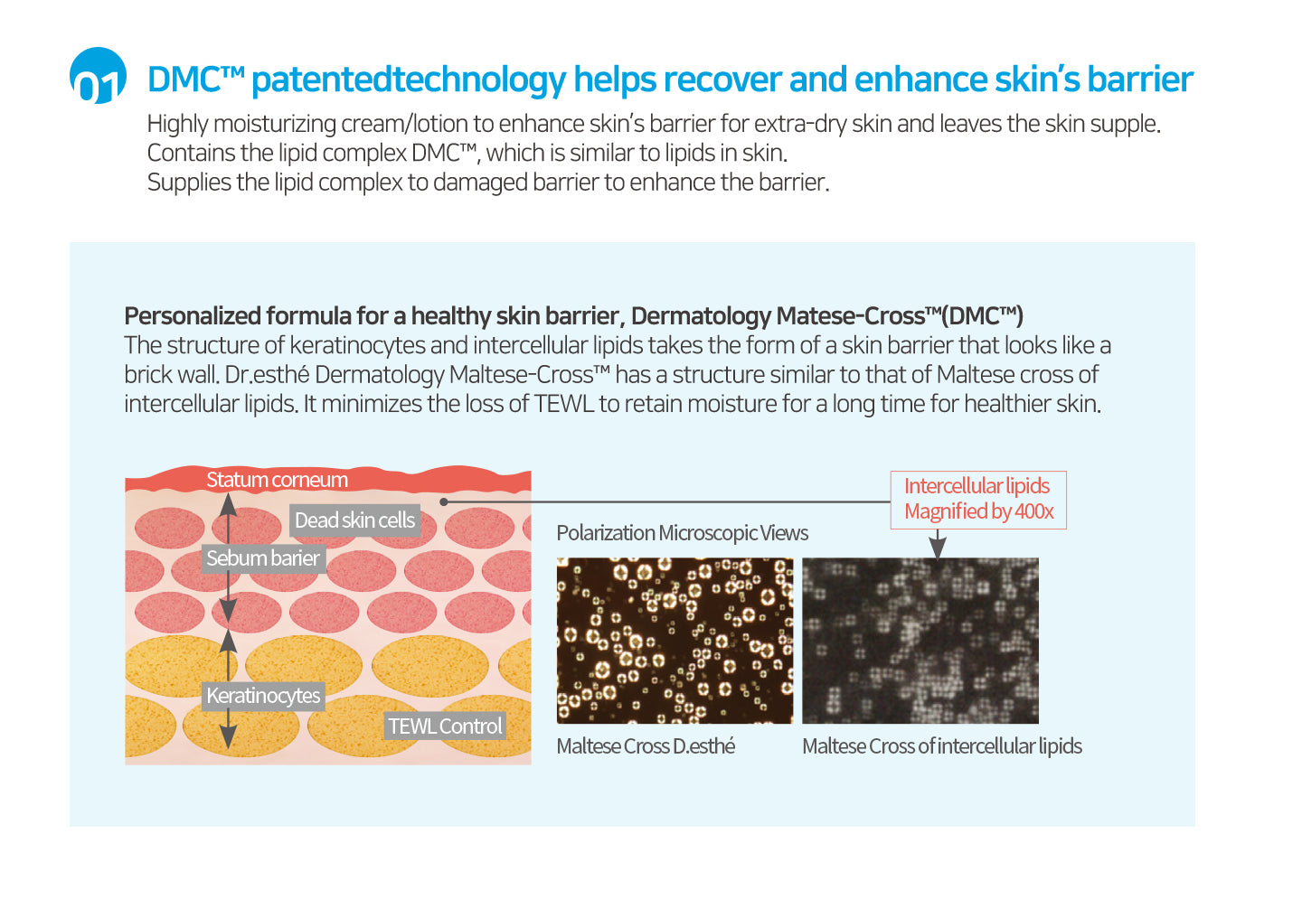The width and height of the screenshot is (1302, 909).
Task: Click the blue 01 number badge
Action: coord(98,76)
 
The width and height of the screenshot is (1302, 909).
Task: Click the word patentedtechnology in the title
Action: coord(409,80)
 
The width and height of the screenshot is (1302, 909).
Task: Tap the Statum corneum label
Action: coord(277,480)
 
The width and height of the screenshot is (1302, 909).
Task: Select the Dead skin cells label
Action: coord(354,520)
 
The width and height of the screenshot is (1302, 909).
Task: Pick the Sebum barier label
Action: coord(263,558)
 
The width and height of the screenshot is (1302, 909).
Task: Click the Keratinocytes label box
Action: coord(263,696)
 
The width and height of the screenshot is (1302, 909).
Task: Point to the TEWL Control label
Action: coord(445,726)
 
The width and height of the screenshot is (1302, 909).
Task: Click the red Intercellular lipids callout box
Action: coord(978,500)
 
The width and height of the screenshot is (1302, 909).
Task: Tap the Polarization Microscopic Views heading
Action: coord(683,532)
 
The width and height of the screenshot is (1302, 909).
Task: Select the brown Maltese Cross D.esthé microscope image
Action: coord(675,641)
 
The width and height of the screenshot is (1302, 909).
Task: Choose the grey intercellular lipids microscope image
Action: coord(920,641)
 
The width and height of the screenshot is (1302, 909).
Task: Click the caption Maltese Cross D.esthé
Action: coord(646,745)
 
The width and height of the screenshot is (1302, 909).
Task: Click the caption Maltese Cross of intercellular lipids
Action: coord(942,745)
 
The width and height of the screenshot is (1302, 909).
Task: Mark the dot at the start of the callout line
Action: coord(443,501)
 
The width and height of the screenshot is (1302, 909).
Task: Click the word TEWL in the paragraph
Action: coord(564,404)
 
